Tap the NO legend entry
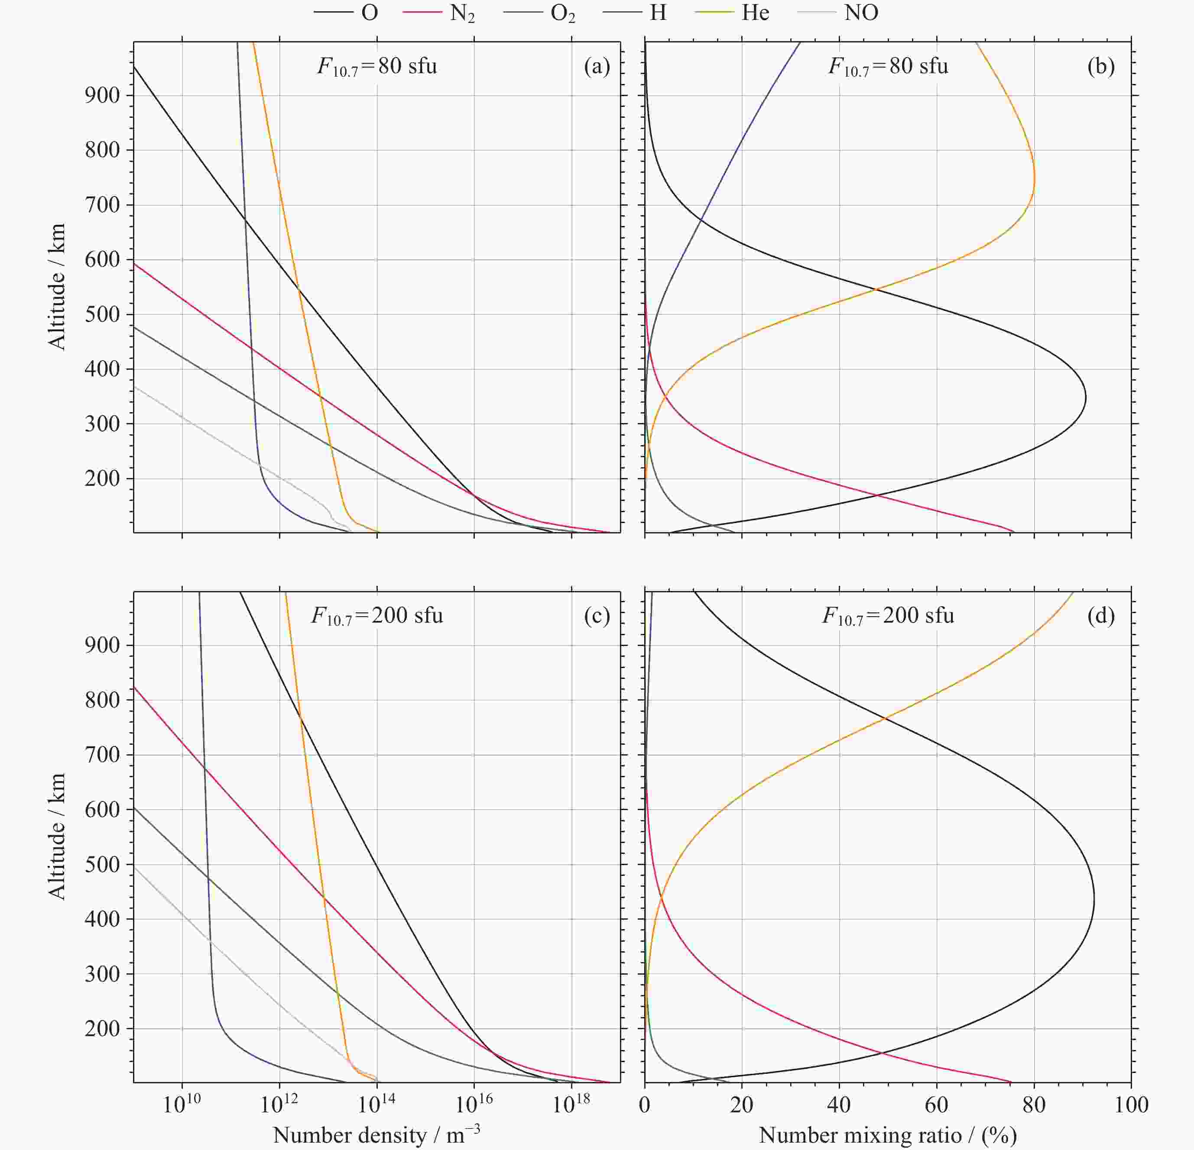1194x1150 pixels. click(840, 12)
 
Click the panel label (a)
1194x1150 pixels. click(597, 66)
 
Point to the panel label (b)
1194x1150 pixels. click(1101, 66)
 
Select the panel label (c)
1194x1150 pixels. click(597, 616)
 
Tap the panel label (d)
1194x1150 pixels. click(1101, 616)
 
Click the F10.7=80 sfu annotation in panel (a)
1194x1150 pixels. click(377, 66)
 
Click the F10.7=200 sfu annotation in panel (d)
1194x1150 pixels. click(888, 616)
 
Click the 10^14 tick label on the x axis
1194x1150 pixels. click(376, 1104)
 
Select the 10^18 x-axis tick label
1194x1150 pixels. click(571, 1104)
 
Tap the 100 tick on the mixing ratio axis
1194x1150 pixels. click(1131, 1105)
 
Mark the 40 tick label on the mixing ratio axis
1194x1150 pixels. click(840, 1105)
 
